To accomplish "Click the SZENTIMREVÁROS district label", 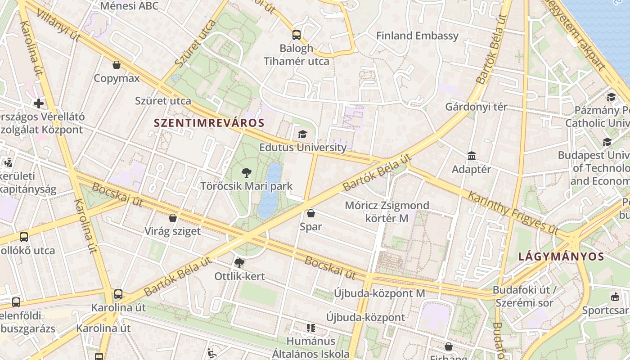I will [209, 122].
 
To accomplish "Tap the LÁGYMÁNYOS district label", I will [561, 256].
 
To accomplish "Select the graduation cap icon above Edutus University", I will [302, 134].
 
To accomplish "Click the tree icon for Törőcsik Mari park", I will [246, 172].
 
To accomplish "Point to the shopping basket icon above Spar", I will [310, 213].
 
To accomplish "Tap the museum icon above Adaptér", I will [472, 156].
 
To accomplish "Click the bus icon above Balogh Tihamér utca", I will [296, 35].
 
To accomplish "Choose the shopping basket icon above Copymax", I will [117, 65].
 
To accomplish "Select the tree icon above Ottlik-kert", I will [239, 263].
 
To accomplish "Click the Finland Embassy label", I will [417, 36].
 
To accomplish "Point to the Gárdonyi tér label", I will [476, 107].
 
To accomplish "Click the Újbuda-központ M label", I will [379, 293].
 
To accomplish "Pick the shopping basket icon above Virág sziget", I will [172, 218].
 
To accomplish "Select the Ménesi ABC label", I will [129, 6].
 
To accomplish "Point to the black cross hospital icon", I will [39, 103].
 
